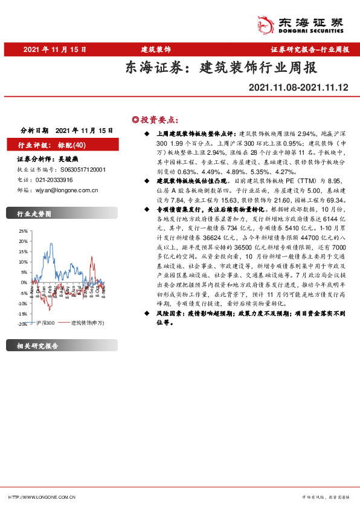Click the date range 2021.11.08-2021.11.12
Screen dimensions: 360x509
pos(298,88)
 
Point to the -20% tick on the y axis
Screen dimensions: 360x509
pos(22,325)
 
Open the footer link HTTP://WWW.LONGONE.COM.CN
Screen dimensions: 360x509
pos(42,497)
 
